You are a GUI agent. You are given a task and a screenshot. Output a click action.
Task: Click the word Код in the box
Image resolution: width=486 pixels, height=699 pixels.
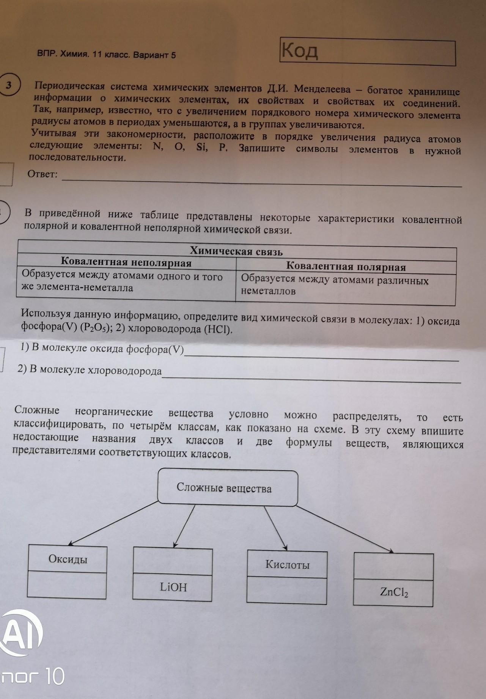pyautogui.click(x=299, y=50)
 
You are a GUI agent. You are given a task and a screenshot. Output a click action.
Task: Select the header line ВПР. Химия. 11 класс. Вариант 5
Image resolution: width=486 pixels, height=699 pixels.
pyautogui.click(x=107, y=55)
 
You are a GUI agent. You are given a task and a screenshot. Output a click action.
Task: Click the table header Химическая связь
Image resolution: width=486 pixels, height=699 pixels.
pyautogui.click(x=236, y=251)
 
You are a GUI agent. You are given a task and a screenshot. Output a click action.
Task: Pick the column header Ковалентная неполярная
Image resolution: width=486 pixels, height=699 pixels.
pyautogui.click(x=126, y=262)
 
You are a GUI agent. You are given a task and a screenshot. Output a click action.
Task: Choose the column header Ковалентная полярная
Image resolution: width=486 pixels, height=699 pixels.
pyautogui.click(x=346, y=267)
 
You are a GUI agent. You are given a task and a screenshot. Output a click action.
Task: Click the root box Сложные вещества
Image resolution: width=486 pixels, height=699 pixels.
pyautogui.click(x=224, y=488)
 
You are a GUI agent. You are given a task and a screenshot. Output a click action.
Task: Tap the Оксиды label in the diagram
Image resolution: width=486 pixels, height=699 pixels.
pyautogui.click(x=68, y=559)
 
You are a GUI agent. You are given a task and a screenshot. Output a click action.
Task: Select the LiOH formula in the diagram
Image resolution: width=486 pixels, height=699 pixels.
pyautogui.click(x=173, y=587)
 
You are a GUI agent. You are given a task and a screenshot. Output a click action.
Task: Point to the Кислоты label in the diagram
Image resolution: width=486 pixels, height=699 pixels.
pyautogui.click(x=287, y=565)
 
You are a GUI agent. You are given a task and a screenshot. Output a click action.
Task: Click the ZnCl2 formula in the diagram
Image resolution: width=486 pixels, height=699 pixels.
pyautogui.click(x=394, y=592)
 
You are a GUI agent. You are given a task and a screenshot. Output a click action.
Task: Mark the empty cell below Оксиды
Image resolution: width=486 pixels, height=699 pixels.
pyautogui.click(x=67, y=585)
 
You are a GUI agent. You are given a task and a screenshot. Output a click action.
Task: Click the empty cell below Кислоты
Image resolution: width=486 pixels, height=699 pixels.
pyautogui.click(x=286, y=591)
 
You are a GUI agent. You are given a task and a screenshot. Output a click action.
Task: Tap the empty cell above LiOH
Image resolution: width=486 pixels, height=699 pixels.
pyautogui.click(x=173, y=560)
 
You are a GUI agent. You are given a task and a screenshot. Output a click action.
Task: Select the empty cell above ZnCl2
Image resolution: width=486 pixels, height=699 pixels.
pyautogui.click(x=393, y=566)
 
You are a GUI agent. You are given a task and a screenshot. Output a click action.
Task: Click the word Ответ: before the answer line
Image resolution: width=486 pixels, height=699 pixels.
pyautogui.click(x=42, y=174)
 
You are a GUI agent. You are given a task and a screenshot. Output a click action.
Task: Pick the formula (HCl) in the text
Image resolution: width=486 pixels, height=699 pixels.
pyautogui.click(x=218, y=329)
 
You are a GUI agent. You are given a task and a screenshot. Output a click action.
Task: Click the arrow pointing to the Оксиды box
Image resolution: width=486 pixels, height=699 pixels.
pyautogui.click(x=114, y=523)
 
